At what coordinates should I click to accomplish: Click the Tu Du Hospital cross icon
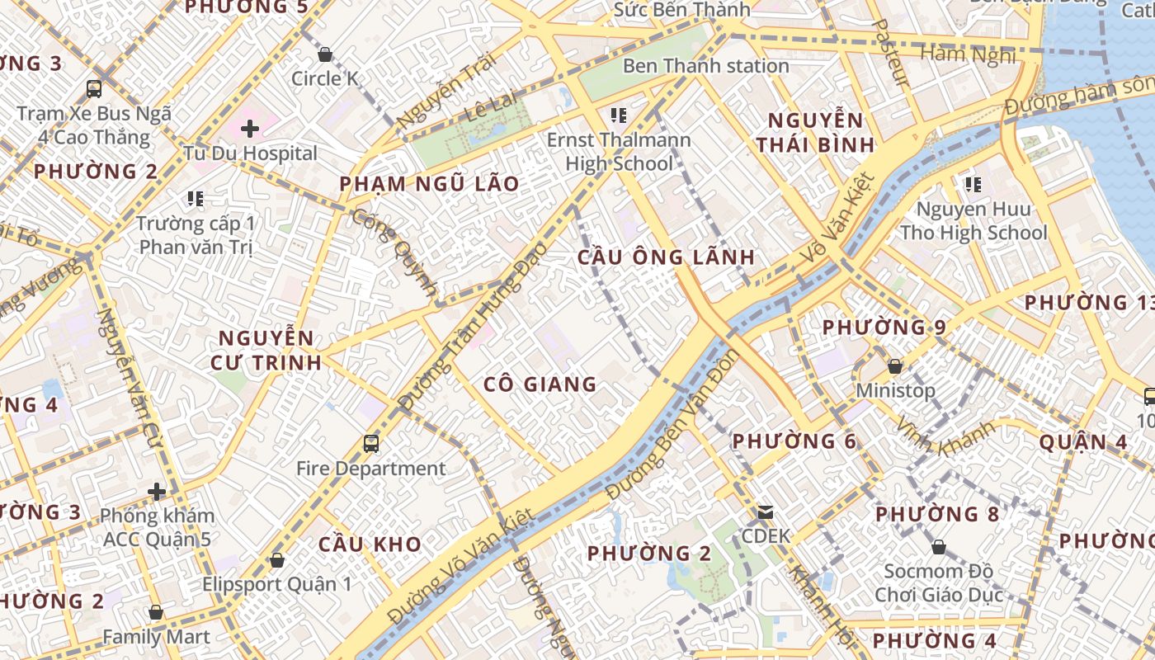[x=250, y=128]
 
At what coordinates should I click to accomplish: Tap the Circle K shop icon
[x=325, y=54]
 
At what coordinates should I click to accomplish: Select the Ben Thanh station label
[x=705, y=66]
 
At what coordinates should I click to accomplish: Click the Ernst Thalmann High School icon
[x=618, y=115]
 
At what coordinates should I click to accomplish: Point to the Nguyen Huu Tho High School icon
[x=973, y=184]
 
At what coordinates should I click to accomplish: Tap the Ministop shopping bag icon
[x=894, y=365]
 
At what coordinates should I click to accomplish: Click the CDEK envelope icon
[x=765, y=511]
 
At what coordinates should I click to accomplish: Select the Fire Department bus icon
[x=371, y=444]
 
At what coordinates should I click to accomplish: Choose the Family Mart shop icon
[x=155, y=612]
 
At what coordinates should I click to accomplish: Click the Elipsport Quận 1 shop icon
[x=277, y=559]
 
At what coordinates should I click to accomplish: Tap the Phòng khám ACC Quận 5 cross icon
[x=157, y=492]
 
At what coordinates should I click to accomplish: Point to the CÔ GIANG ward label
[x=540, y=384]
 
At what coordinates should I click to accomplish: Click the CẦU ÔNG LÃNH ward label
[x=666, y=257]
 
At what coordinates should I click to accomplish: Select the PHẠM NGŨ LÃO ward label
[x=429, y=183]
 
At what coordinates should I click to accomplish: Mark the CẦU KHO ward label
[x=370, y=544]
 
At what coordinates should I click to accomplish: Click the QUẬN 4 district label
[x=1082, y=442]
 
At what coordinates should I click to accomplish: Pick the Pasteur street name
[x=889, y=53]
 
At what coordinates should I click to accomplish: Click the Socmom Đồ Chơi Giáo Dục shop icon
[x=938, y=546]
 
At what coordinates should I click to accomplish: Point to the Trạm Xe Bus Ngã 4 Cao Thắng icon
[x=94, y=88]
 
